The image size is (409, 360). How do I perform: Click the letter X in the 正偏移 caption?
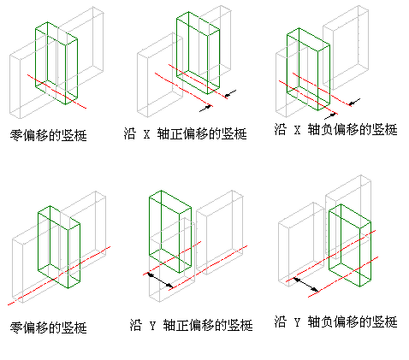(x=146, y=133)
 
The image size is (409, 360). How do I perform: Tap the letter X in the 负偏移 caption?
(x=298, y=130)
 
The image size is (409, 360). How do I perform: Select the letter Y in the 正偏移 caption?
(x=152, y=325)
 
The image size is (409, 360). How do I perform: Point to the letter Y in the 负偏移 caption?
(x=298, y=322)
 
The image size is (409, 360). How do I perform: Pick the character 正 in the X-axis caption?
(x=176, y=133)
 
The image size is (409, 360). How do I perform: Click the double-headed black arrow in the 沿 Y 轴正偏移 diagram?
(x=160, y=280)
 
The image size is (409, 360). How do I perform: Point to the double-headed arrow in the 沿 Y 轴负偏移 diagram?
(x=306, y=285)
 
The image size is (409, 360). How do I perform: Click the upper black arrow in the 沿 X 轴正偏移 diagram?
(x=231, y=93)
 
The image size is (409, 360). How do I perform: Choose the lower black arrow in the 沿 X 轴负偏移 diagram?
(x=330, y=116)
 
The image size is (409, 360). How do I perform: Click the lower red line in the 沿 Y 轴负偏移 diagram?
(x=343, y=277)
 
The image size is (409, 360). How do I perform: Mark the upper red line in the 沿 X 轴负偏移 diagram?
(x=322, y=90)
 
